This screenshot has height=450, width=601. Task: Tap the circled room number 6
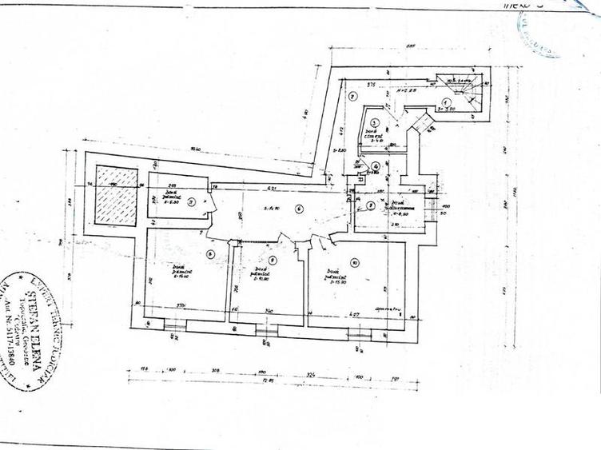point(298,209)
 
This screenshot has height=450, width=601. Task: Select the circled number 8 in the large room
point(209,254)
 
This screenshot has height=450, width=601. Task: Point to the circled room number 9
point(273,260)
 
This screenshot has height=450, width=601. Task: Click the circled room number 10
point(353,261)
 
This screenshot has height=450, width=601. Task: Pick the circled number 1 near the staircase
point(446,103)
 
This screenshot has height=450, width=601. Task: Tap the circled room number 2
point(352,97)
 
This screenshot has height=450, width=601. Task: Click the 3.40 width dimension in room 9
point(269,311)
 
